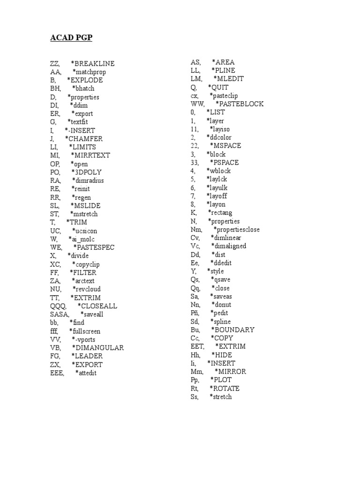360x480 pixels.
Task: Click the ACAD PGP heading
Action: (71, 38)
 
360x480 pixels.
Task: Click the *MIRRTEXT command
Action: (91, 155)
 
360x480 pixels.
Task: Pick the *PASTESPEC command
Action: (94, 247)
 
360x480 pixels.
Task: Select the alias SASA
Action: (60, 315)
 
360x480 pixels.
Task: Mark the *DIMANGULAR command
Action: (97, 348)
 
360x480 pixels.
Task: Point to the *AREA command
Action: (223, 62)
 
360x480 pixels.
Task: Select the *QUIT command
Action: (218, 87)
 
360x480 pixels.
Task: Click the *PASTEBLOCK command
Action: (239, 104)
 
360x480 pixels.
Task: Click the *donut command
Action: (222, 305)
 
